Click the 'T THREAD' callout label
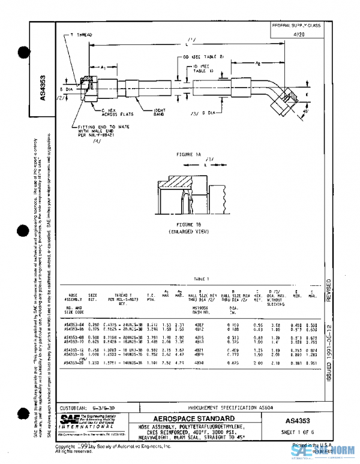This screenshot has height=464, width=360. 81,35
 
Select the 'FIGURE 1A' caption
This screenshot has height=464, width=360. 189,155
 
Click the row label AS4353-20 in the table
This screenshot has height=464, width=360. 76,363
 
